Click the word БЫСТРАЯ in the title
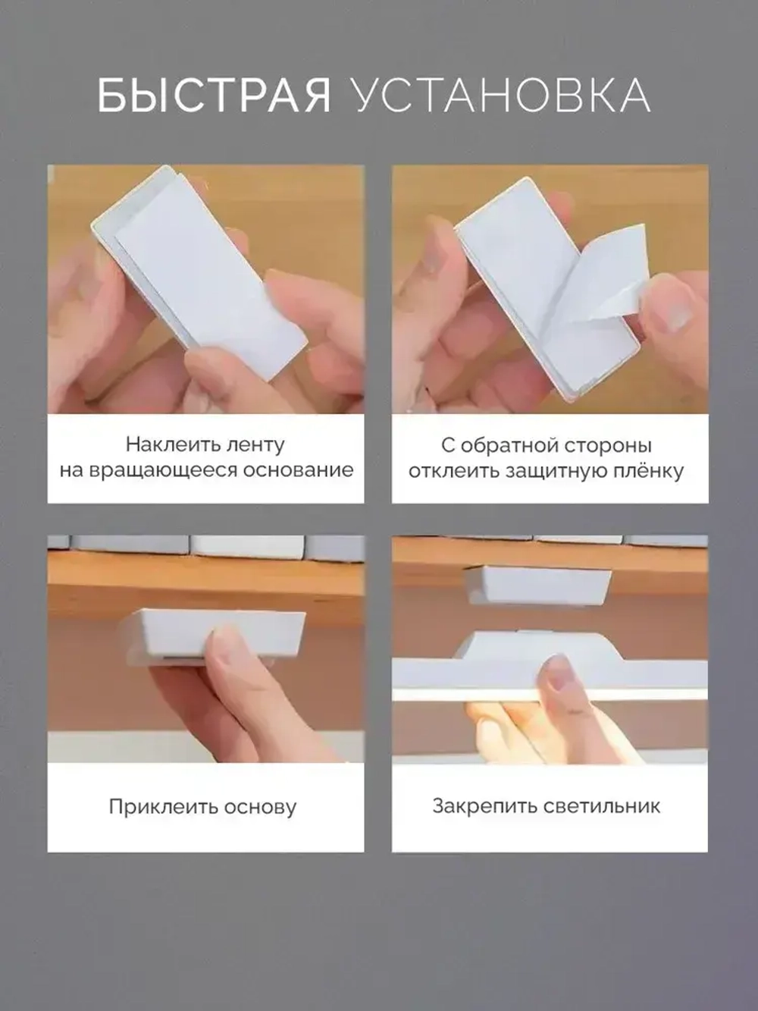[x=214, y=96]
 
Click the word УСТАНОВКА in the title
[x=501, y=96]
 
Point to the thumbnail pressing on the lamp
[x=559, y=673]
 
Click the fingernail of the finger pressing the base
[x=228, y=645]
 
